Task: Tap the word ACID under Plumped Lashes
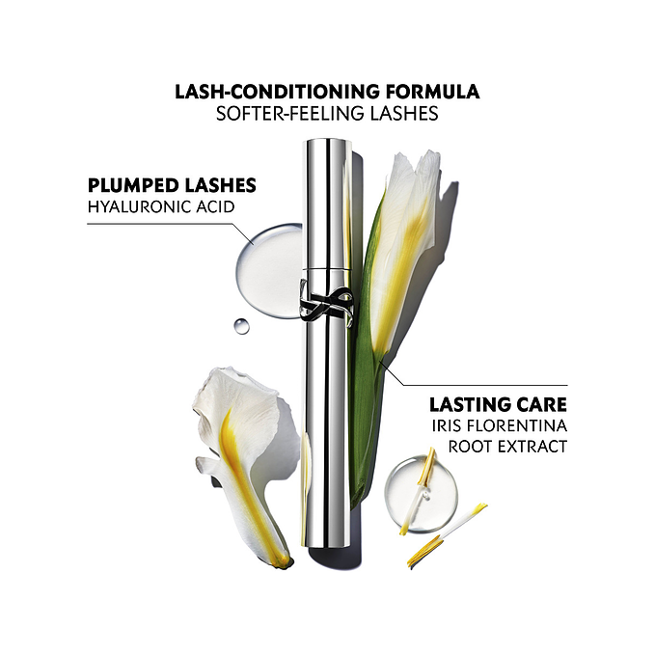point(214,206)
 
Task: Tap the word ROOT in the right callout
point(470,447)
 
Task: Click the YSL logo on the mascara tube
point(326,301)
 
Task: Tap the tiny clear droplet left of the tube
point(241,326)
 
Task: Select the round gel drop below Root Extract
point(421,494)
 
